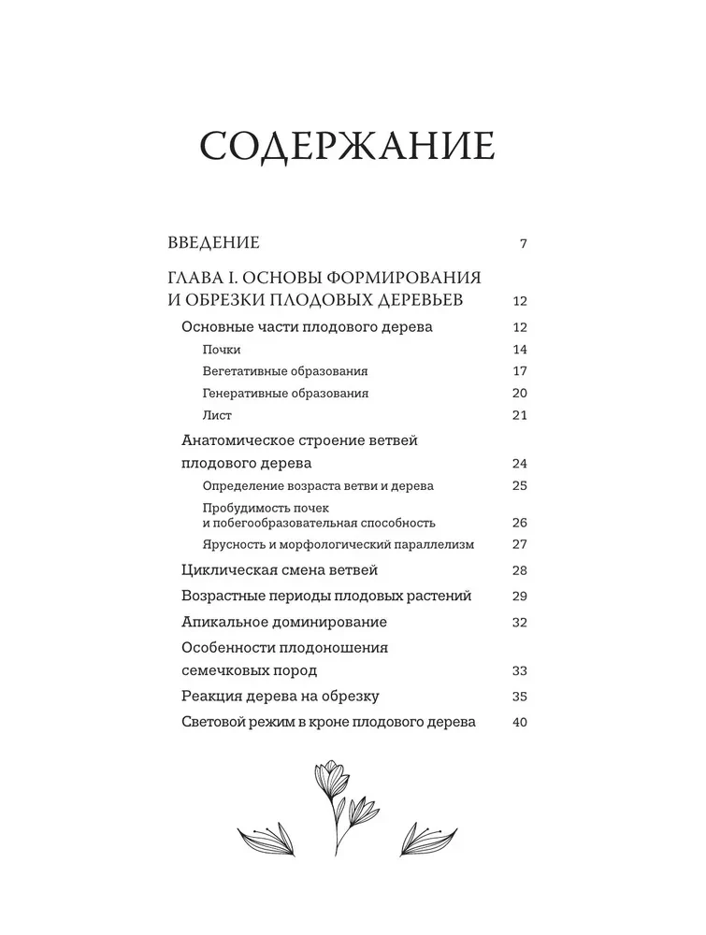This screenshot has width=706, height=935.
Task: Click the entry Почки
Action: click(221, 350)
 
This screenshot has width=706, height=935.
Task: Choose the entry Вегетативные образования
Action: click(284, 371)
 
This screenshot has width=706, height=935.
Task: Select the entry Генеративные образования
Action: click(284, 394)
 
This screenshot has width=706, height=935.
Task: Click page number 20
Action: click(521, 394)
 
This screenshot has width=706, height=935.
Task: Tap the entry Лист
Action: click(216, 415)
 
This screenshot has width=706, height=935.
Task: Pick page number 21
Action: click(521, 415)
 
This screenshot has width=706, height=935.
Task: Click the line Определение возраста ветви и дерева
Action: click(317, 485)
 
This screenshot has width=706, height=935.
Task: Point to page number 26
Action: click(521, 523)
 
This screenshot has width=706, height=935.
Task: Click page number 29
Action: click(521, 597)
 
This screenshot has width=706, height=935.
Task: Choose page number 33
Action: click(521, 671)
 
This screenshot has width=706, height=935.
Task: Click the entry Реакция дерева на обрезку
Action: click(278, 696)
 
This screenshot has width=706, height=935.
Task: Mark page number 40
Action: click(521, 722)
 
